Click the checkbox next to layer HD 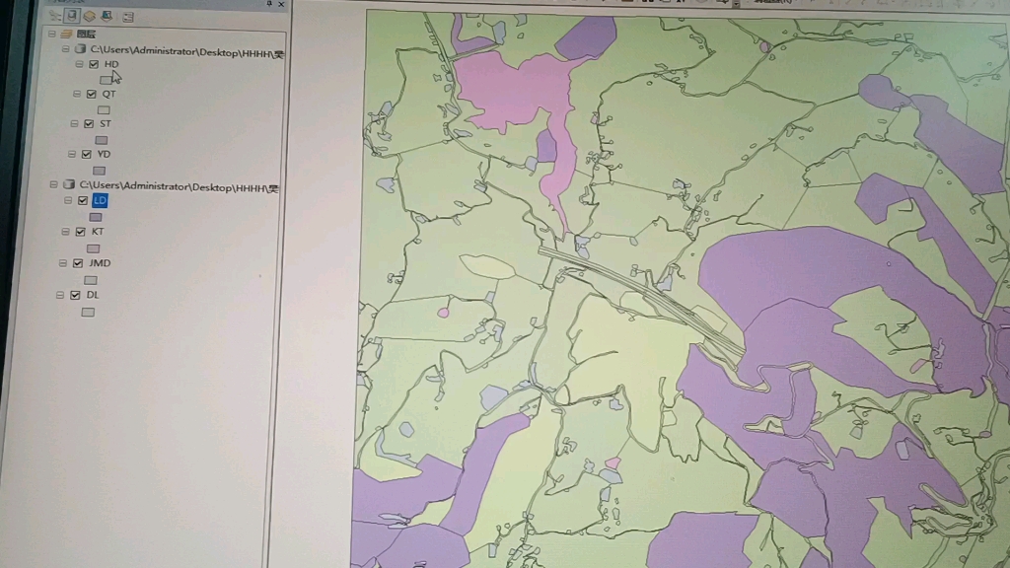94,64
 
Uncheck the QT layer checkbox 92,95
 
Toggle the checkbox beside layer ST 89,124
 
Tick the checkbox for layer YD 87,154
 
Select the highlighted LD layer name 101,200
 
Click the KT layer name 98,232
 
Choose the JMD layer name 100,263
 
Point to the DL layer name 93,295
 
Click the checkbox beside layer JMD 78,263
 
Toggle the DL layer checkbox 75,295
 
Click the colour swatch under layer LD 96,217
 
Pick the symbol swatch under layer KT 93,248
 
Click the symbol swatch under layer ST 101,140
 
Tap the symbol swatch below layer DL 88,313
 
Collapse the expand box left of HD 80,64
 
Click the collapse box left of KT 66,232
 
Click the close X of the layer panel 281,5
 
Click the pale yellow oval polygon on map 487,266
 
